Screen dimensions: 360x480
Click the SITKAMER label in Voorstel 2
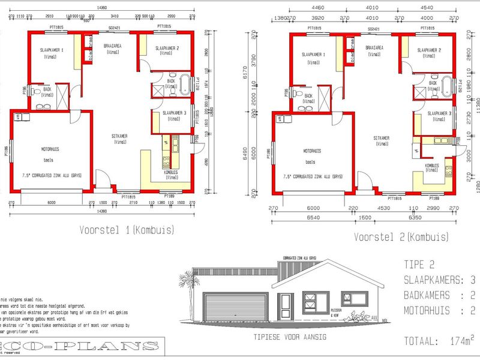pos(380,138)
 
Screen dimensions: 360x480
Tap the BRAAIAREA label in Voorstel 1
pos(112,46)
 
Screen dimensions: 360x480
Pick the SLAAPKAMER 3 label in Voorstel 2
pos(439,113)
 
